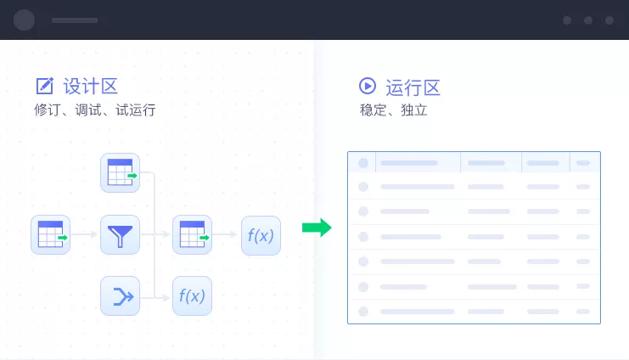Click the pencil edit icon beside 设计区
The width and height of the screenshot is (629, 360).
(x=44, y=86)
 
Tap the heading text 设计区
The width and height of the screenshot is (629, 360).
(x=90, y=86)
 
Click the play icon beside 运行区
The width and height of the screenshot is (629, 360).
(x=368, y=86)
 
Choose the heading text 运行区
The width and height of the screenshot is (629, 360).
(x=413, y=87)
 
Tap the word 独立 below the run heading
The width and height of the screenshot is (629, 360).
(x=412, y=110)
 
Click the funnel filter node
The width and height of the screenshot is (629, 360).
(x=120, y=234)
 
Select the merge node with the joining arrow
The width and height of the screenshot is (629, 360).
(x=120, y=295)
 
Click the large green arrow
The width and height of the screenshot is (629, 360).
(x=317, y=228)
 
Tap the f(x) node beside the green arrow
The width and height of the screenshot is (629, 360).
(x=261, y=235)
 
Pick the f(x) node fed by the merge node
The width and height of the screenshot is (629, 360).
(x=192, y=295)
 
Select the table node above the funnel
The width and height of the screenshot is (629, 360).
(x=120, y=173)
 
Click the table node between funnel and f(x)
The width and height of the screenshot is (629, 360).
(x=192, y=234)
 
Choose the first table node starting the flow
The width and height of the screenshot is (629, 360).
(x=50, y=234)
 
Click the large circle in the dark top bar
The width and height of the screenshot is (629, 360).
(x=25, y=20)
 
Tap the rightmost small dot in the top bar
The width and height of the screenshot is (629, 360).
(x=609, y=20)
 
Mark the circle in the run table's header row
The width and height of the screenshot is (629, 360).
(x=363, y=163)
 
